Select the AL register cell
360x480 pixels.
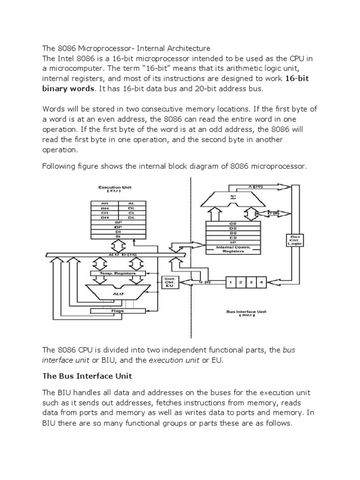132,203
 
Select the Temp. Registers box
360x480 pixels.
119,272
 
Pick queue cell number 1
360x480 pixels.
232,282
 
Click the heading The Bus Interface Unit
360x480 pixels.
88,375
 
